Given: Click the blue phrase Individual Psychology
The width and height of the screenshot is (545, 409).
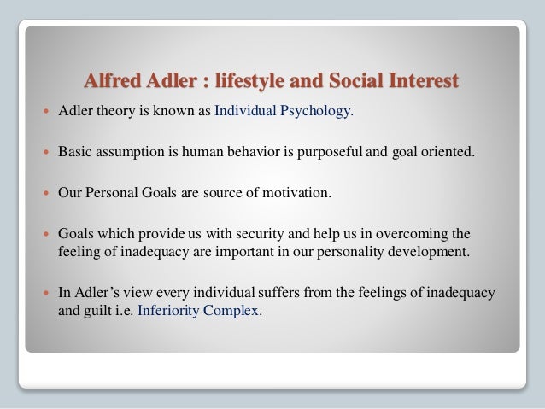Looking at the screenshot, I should [x=284, y=110].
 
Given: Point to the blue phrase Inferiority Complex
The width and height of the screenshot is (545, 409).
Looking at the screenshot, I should [x=200, y=311].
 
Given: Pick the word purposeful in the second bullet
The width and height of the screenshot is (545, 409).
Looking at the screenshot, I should [x=319, y=151].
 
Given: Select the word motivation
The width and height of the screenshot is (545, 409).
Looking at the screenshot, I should [x=291, y=192].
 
